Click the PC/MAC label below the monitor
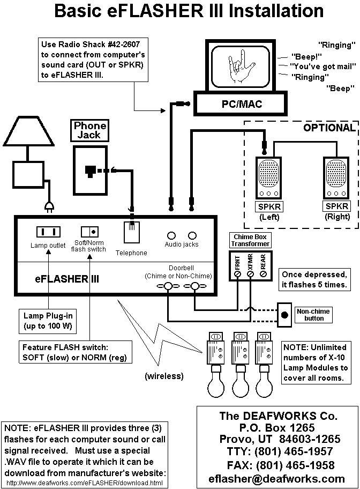(x=242, y=104)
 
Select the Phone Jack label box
(x=90, y=130)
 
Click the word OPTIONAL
(x=329, y=128)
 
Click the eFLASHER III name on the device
(x=61, y=279)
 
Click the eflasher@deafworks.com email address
(x=276, y=478)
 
